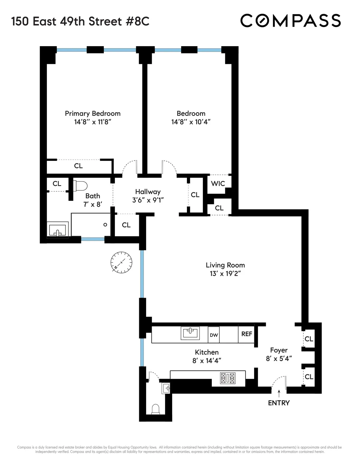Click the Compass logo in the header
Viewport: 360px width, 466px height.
point(290,21)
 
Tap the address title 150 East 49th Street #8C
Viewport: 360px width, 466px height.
point(80,21)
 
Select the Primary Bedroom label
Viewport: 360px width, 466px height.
point(93,113)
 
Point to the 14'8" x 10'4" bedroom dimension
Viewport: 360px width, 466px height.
point(191,122)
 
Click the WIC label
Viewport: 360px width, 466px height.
point(218,183)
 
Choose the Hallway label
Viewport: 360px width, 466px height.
point(148,192)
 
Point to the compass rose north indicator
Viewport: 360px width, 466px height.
point(121,262)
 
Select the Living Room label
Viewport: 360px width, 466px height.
point(225,265)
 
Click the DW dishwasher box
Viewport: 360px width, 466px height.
point(214,335)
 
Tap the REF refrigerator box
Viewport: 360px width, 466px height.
point(247,334)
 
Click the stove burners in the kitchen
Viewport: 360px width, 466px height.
point(228,378)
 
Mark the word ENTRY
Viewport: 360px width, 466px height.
point(279,403)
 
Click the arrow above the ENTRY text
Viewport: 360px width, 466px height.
point(279,393)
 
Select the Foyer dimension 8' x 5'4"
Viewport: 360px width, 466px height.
point(279,359)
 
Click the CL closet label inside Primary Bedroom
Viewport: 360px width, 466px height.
point(78,166)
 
